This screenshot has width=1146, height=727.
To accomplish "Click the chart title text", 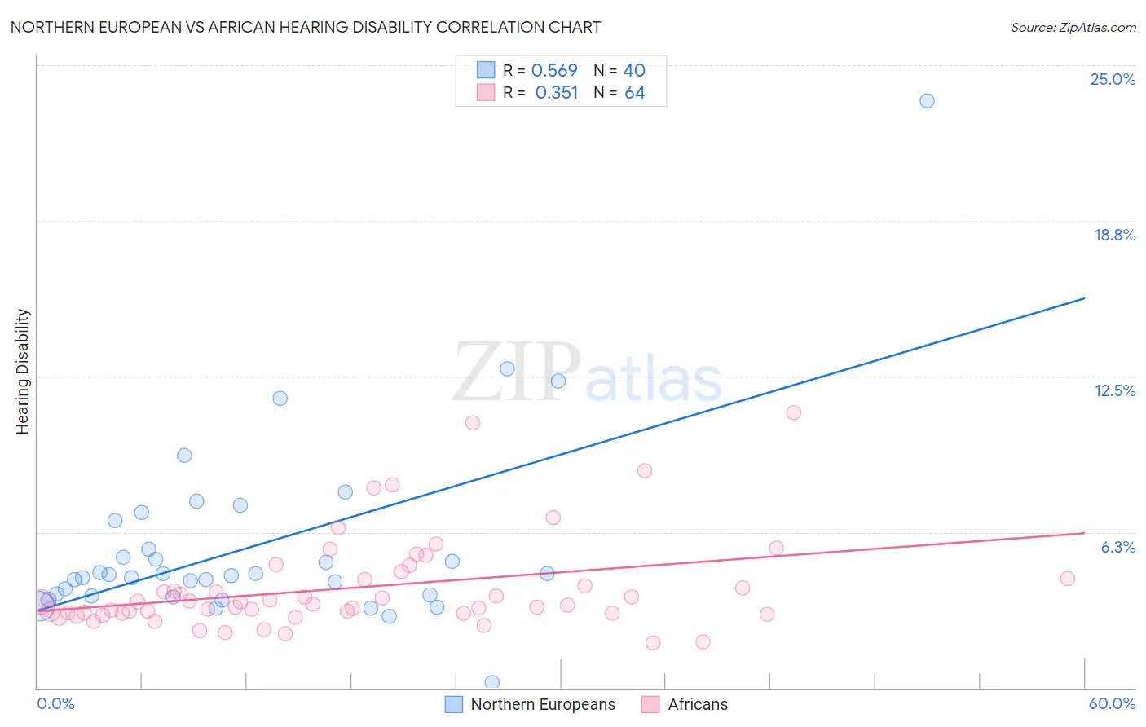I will point(306,27).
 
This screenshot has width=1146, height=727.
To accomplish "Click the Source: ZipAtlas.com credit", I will point(1073,27).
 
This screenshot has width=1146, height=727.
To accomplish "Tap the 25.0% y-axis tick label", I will point(1113,79).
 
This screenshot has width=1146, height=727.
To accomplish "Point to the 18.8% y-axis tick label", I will point(1114,235).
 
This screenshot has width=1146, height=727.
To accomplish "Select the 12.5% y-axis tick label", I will point(1114,390).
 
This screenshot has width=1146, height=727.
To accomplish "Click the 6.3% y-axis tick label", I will point(1117,547).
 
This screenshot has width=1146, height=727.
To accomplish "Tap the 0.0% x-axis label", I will point(55,703).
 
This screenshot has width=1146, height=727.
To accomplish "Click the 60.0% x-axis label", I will point(1112,703).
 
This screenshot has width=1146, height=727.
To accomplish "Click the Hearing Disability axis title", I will point(22,371).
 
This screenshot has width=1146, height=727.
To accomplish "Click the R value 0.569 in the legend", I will point(554,71).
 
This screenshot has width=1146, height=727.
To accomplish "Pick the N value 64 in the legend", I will point(634,93).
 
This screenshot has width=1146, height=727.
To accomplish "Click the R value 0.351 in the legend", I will point(557,93).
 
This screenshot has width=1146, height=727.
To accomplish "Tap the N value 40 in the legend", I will point(634,71).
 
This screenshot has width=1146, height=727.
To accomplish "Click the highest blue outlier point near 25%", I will point(927,101).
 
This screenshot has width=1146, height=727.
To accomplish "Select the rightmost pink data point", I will point(1068,579).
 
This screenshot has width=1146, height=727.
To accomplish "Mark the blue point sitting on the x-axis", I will point(492,682).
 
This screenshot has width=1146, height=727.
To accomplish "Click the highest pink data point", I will point(793,412).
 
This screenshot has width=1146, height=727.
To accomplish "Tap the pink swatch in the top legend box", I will point(486,92).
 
